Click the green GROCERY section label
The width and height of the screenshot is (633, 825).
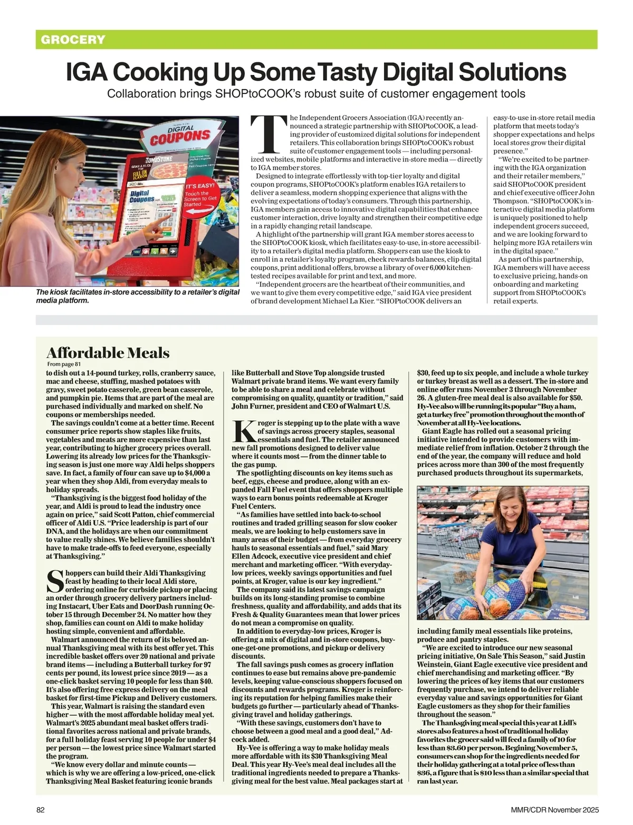[x=73, y=40]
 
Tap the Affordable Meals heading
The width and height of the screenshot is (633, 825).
[x=108, y=353]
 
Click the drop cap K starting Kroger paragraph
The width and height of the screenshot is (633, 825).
[x=243, y=431]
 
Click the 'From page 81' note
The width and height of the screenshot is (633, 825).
[x=64, y=364]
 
